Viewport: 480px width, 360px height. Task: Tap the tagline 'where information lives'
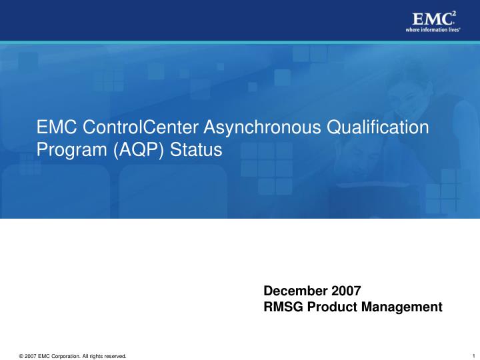(433, 30)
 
